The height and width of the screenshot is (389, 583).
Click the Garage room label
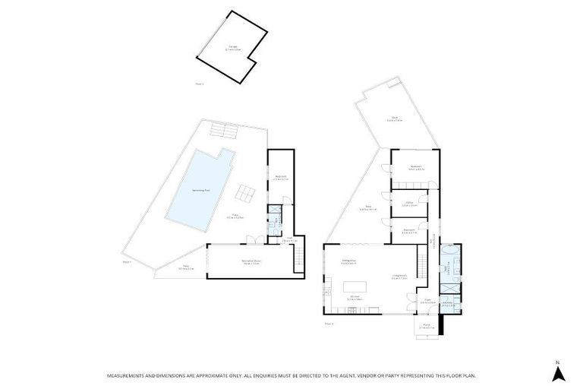click(232, 47)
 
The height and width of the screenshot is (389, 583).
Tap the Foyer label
click(427, 300)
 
